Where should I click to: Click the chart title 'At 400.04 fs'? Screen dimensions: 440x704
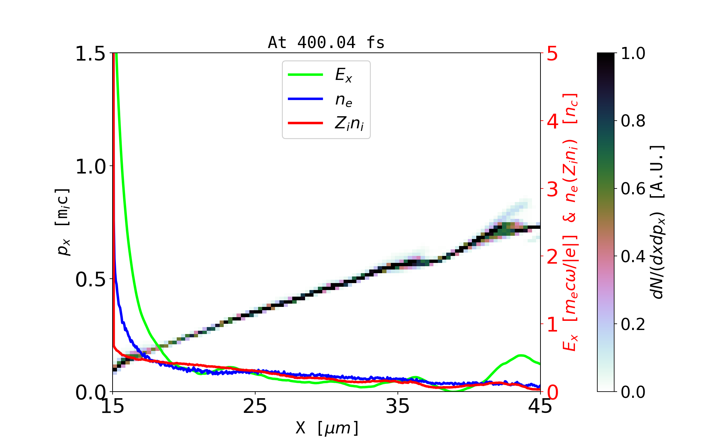(x=326, y=43)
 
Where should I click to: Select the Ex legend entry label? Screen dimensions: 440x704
(x=344, y=75)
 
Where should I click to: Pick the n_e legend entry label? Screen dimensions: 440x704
(x=344, y=100)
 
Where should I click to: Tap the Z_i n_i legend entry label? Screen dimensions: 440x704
(x=349, y=124)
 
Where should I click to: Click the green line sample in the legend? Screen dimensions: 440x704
(x=305, y=75)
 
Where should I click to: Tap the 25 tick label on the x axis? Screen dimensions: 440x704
(x=255, y=406)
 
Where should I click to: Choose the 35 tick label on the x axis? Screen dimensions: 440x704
(x=398, y=406)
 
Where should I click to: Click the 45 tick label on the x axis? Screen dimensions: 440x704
(x=540, y=406)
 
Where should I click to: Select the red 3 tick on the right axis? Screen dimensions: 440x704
(x=552, y=189)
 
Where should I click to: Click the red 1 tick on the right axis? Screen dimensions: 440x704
(x=552, y=324)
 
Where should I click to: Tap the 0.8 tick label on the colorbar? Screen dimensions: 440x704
(x=633, y=121)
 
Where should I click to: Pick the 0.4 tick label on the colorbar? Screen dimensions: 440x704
(x=633, y=256)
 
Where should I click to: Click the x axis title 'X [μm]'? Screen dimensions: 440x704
(x=327, y=428)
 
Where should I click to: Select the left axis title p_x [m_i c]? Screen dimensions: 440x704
(x=63, y=222)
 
